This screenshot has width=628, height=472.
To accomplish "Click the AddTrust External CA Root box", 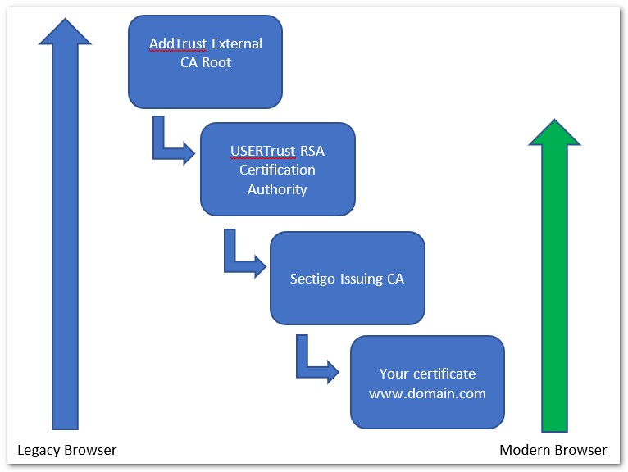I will [x=205, y=61].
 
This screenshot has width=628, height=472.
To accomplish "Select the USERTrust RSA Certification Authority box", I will [x=277, y=169].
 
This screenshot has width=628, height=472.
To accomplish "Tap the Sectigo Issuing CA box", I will [x=347, y=278].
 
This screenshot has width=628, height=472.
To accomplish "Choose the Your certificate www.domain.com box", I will [x=426, y=383].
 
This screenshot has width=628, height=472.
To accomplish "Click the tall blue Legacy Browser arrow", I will [x=65, y=246].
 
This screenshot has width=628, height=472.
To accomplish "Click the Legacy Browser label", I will [x=67, y=450].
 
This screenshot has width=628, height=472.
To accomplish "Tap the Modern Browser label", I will [x=553, y=450].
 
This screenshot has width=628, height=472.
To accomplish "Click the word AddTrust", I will [x=175, y=43].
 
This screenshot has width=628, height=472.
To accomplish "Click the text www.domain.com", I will [x=427, y=393].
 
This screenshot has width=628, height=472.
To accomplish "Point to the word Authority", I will [x=277, y=189].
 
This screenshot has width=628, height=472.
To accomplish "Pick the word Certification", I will [x=277, y=170].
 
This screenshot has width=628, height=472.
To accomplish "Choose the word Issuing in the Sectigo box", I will [x=357, y=279].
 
